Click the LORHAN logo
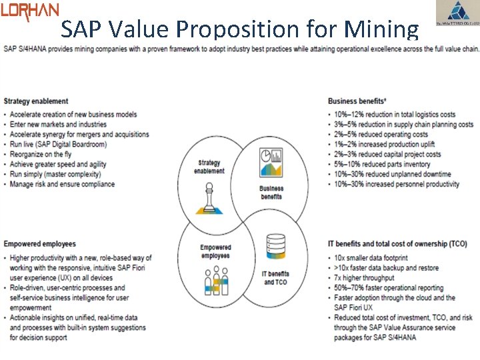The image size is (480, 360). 30,11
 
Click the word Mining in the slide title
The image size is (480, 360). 381,29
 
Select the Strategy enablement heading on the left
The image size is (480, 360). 36,101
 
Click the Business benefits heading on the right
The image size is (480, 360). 357,101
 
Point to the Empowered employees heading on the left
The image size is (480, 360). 40,244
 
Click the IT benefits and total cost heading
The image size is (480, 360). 397,244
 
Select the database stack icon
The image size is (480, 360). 275,248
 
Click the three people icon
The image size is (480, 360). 215,281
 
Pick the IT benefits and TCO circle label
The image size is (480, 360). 275,278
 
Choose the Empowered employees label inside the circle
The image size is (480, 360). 215,251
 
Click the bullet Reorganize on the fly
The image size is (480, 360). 44,154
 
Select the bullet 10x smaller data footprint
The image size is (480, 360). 371,258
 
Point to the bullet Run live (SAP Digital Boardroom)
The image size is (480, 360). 59,144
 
